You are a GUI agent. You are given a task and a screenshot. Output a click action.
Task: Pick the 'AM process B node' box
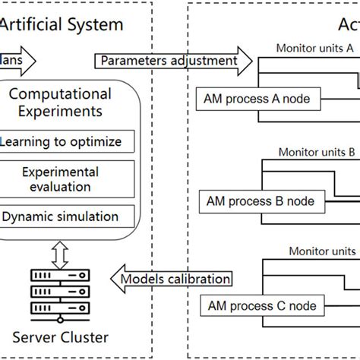coord(258,202)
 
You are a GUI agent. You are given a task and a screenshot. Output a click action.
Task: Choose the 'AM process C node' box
coord(258,306)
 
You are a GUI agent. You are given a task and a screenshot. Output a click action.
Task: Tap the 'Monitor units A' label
coord(316,46)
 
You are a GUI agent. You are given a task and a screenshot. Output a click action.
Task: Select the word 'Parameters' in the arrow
coord(131,60)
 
